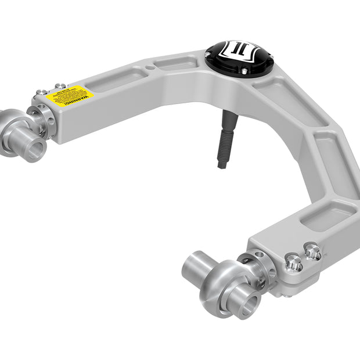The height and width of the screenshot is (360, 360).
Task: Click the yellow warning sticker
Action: tap(70, 96)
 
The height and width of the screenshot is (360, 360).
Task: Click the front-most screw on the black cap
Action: tap(244, 71)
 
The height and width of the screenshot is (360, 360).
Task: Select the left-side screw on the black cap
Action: tap(207, 55)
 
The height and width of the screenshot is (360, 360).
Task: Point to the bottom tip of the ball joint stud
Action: tap(222, 165)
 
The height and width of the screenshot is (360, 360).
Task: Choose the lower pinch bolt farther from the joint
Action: tap(312, 251)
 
